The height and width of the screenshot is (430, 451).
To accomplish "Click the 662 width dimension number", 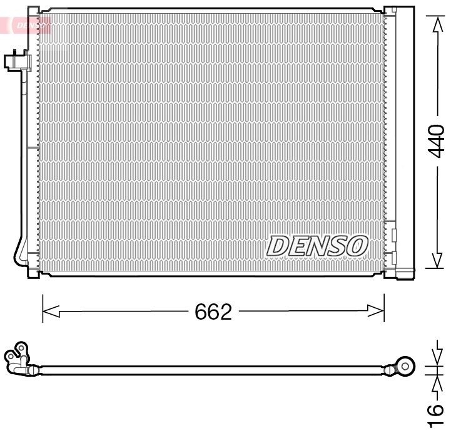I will (213, 312).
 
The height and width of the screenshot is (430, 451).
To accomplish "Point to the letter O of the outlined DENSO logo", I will (357, 246).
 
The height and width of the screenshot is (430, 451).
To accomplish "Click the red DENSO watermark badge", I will (28, 25).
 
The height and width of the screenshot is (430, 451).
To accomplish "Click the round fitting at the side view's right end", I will (407, 365).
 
